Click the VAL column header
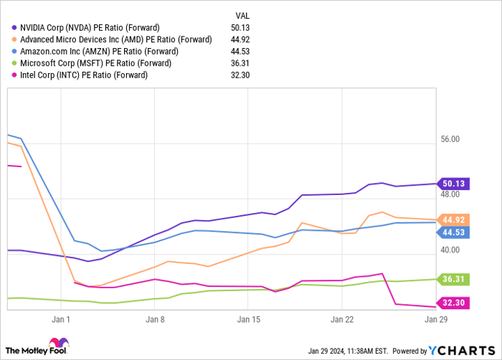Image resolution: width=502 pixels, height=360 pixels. pos(244,14)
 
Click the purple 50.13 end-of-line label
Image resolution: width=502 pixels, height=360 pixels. pos(454,184)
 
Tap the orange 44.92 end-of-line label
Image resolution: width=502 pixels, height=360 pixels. pos(454,219)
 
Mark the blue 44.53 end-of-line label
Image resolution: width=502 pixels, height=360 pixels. pos(454,232)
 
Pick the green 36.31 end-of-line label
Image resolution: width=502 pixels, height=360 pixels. pos(454,279)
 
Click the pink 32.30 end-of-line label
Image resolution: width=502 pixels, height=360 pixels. pos(454,303)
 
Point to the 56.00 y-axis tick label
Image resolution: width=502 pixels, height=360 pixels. pos(450,140)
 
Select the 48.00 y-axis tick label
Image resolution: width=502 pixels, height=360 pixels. pos(450,194)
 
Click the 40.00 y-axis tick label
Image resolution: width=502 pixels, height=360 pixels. pos(450,250)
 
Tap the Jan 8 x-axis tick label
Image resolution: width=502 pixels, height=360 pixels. pos(155,319)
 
